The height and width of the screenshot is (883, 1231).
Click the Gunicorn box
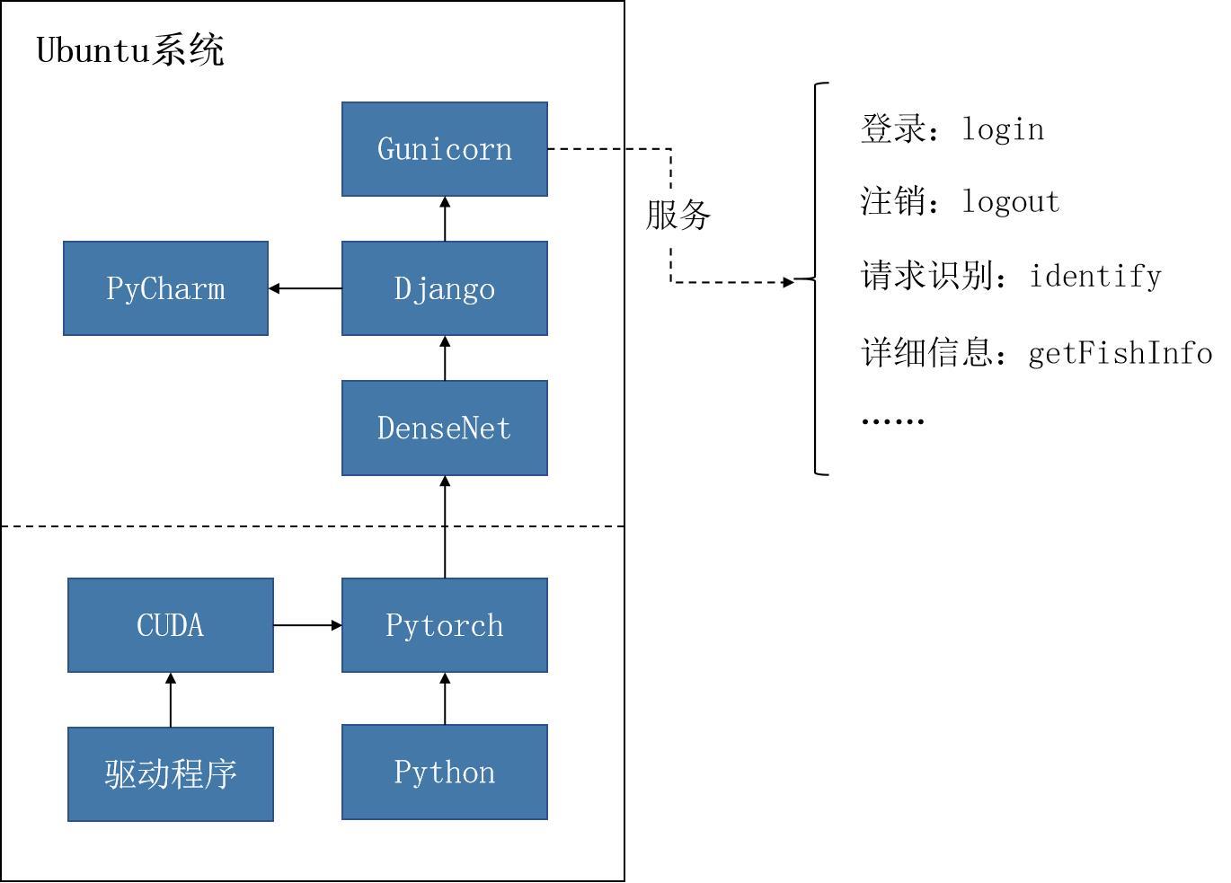coord(445,149)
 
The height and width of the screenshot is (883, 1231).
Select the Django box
coord(445,288)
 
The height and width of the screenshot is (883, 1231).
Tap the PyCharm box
coord(166,288)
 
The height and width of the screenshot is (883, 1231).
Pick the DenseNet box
coord(445,428)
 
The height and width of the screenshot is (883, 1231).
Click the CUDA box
coord(171,625)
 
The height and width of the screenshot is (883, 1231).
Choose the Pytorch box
coord(445,625)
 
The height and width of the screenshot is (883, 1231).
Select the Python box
coord(445,772)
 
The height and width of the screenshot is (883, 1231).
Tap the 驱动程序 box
coord(171,774)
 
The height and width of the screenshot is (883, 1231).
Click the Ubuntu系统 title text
coord(130,50)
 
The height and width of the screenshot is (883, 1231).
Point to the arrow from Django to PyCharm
coord(305,288)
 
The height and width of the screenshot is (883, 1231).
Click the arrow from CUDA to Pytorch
coord(307,625)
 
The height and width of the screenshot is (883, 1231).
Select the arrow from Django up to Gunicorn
coord(445,218)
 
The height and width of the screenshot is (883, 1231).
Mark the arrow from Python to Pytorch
coord(445,698)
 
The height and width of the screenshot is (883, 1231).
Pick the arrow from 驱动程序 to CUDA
coord(171,700)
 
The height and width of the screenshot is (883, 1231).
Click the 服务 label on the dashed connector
coord(678,215)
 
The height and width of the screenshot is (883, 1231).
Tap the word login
coord(1003,130)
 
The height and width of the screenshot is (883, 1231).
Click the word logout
coord(1011,201)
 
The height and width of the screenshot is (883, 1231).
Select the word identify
coord(1095,277)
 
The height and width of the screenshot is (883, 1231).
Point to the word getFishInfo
coord(1120,353)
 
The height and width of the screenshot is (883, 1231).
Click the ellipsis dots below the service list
coord(893,422)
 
